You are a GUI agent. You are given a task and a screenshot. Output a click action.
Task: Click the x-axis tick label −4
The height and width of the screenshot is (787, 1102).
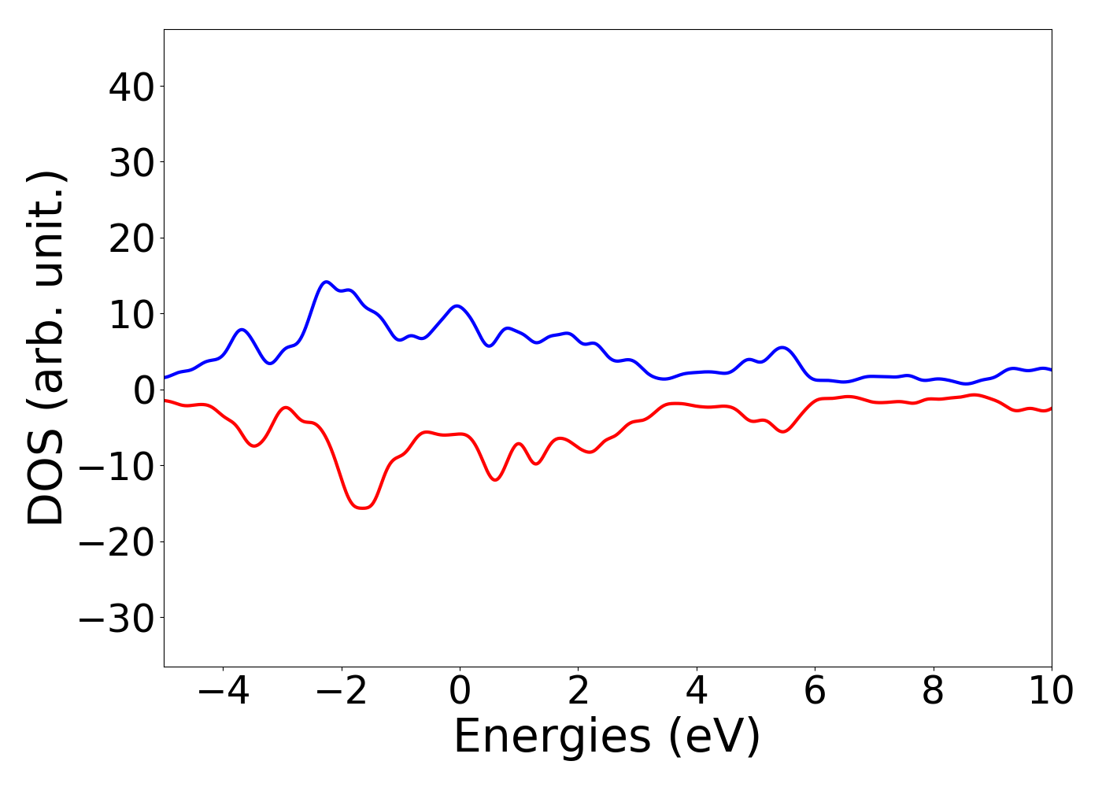[223, 692]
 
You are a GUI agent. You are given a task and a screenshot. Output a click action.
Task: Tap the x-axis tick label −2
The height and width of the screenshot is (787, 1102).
[341, 692]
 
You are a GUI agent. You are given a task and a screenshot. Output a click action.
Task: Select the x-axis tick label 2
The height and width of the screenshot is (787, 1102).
[579, 692]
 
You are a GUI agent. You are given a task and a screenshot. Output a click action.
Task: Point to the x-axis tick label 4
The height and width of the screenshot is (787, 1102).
[697, 692]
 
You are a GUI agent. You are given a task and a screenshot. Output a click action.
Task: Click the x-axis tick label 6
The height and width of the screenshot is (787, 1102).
[815, 692]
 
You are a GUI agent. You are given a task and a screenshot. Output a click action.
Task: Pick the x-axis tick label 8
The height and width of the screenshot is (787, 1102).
[934, 692]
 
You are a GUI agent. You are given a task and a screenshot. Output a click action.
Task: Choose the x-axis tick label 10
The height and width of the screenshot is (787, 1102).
[1050, 692]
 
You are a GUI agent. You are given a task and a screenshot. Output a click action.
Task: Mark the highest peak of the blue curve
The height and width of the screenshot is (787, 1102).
[326, 282]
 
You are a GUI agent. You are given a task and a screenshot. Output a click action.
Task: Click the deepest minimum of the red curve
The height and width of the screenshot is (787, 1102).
[363, 508]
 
